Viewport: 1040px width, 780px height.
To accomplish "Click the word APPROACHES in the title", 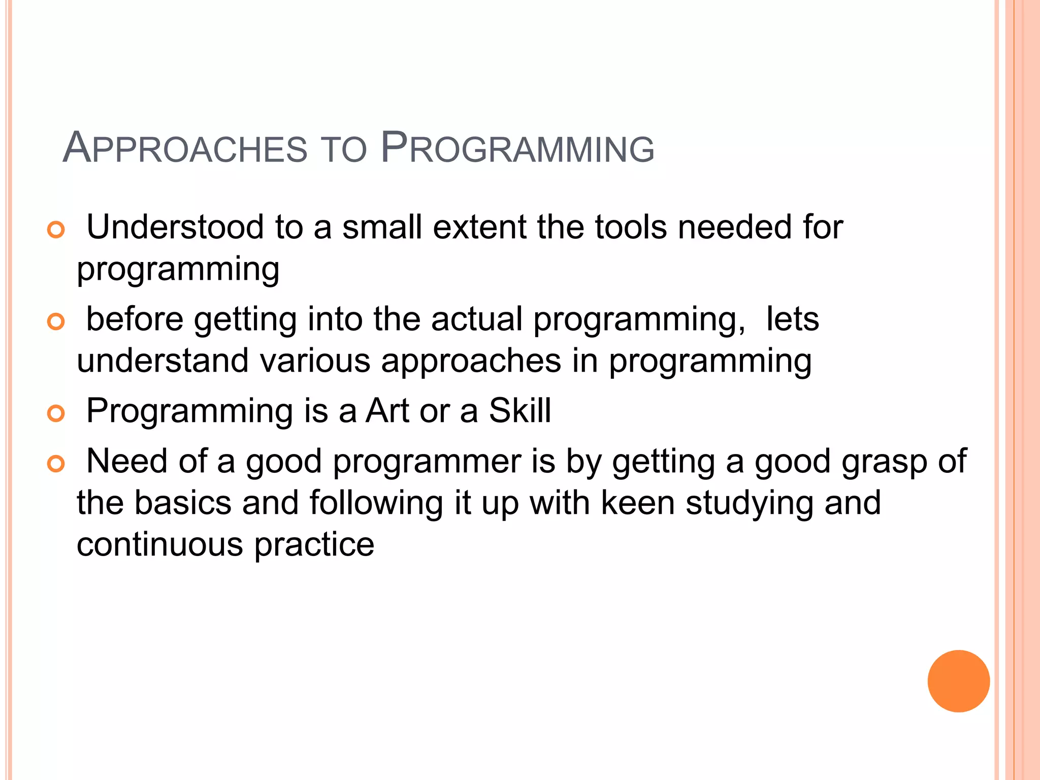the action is [185, 149].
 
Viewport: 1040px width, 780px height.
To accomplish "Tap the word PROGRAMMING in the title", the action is [517, 149].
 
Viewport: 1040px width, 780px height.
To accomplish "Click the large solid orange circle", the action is [958, 681].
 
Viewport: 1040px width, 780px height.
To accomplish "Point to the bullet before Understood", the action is [56, 230].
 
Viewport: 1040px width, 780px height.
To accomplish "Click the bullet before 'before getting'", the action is [56, 322].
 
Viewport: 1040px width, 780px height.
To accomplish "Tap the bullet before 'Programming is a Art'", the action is [56, 413].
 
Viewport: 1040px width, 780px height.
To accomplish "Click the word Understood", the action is [175, 227].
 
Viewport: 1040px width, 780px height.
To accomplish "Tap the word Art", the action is [387, 411].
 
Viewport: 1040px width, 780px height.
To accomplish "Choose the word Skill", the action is [519, 411].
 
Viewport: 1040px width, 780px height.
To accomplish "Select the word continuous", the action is [160, 545].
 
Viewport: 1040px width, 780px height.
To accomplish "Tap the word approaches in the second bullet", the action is [471, 362].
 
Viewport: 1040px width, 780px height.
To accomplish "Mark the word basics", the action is [183, 503].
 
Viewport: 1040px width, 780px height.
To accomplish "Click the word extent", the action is [479, 227].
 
